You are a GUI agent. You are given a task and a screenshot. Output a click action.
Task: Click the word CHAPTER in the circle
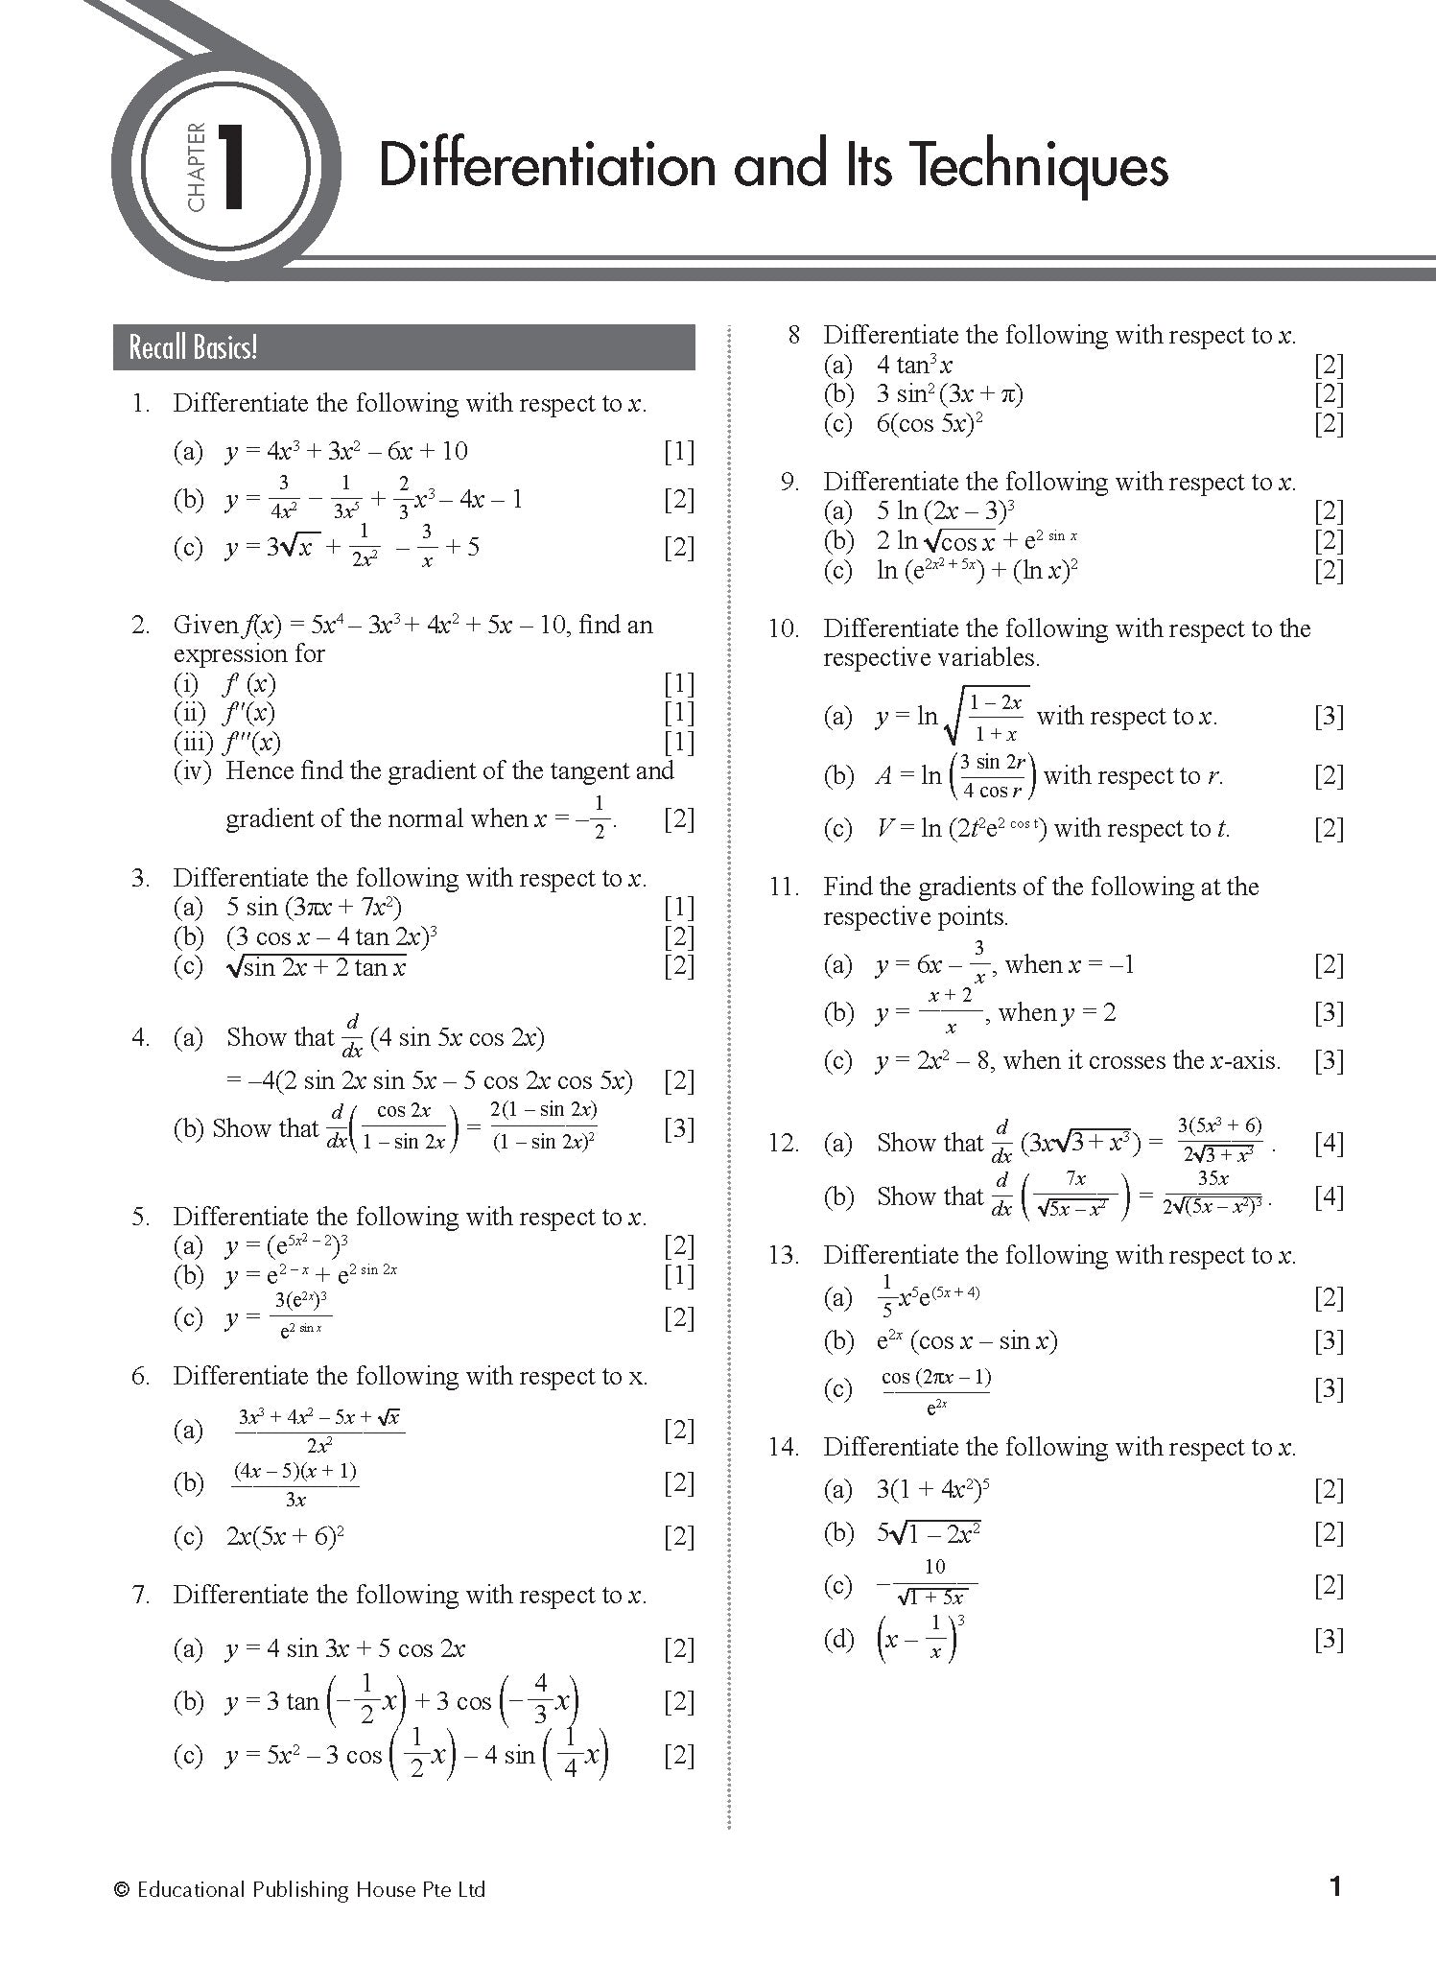(x=196, y=167)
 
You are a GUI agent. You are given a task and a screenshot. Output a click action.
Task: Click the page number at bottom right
(x=1334, y=1888)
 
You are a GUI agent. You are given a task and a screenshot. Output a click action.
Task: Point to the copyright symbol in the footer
(x=122, y=1890)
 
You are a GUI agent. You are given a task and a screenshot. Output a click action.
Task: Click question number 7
(x=141, y=1595)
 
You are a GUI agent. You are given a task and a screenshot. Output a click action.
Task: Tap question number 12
(x=783, y=1143)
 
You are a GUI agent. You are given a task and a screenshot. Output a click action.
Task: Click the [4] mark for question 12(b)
(x=1329, y=1196)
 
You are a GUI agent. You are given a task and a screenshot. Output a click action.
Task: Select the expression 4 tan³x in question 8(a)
(x=913, y=365)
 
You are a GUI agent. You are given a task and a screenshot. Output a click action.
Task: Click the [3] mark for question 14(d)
(x=1329, y=1639)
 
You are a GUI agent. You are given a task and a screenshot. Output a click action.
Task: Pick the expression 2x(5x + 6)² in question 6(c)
(x=285, y=1536)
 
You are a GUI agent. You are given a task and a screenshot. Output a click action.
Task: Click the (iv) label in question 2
(x=192, y=770)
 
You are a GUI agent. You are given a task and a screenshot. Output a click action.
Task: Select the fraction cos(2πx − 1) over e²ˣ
(x=935, y=1390)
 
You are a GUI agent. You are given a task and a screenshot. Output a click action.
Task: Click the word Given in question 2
(x=205, y=625)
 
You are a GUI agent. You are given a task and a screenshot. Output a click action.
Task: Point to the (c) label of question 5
(x=188, y=1317)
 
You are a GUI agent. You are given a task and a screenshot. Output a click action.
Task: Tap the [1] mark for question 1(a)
(x=678, y=451)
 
